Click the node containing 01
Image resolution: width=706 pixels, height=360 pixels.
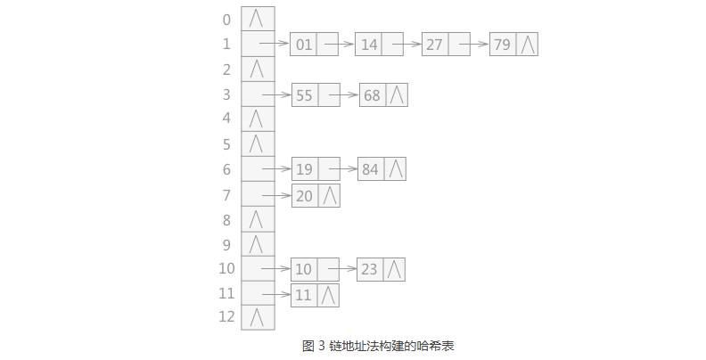point(314,44)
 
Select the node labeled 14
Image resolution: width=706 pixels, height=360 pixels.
point(379,44)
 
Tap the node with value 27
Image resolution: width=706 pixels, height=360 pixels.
point(446,44)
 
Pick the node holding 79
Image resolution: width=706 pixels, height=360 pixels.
point(513,44)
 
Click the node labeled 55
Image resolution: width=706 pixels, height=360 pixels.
point(316,95)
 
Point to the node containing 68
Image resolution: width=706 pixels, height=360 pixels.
point(383,95)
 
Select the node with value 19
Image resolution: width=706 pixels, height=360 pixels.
point(316,168)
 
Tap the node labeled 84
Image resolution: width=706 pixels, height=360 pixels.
point(382,168)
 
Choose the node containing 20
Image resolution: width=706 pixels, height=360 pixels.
point(316,196)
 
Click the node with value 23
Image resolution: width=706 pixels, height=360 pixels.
point(382,268)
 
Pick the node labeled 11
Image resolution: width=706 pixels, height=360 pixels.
point(316,295)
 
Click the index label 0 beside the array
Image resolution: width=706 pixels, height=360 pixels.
point(226,20)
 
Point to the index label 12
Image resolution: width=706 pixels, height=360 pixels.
point(226,316)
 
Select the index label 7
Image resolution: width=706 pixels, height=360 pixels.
point(226,195)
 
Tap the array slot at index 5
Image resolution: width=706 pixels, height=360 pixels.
point(258,143)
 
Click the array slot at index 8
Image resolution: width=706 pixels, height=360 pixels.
point(258,219)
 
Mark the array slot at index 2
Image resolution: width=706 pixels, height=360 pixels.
point(258,69)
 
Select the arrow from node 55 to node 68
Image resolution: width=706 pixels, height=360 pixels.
point(349,94)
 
